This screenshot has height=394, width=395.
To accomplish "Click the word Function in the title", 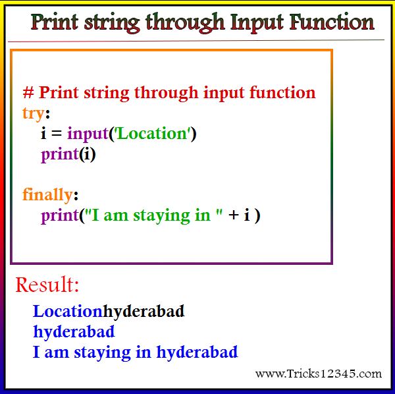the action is point(332,22).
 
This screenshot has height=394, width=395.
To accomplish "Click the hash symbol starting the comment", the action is point(28,92).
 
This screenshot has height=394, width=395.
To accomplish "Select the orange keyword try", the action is point(34,114).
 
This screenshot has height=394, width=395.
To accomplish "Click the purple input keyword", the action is point(88,134).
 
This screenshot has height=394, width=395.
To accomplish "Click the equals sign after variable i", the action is point(57,134).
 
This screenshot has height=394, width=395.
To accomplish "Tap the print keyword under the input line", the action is point(60,155).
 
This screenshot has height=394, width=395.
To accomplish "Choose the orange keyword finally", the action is point(47,194).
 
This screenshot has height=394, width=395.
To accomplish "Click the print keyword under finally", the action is point(60,216).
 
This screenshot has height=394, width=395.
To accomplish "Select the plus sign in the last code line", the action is point(233,215).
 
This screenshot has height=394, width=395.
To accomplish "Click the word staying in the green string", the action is point(161,216).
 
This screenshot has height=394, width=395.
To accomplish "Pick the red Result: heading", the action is point(47,285).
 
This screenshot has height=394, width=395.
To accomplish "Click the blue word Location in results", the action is point(68,311).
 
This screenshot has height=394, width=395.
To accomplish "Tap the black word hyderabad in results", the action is point(144,312).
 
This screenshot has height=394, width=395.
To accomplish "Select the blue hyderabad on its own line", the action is point(74,332).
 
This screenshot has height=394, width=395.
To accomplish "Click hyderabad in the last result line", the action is point(197,352).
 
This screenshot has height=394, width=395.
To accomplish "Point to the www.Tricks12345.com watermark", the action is point(319,374).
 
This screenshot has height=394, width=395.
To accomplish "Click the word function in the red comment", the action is point(282,92).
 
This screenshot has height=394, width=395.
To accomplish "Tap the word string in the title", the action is point(112,23).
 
